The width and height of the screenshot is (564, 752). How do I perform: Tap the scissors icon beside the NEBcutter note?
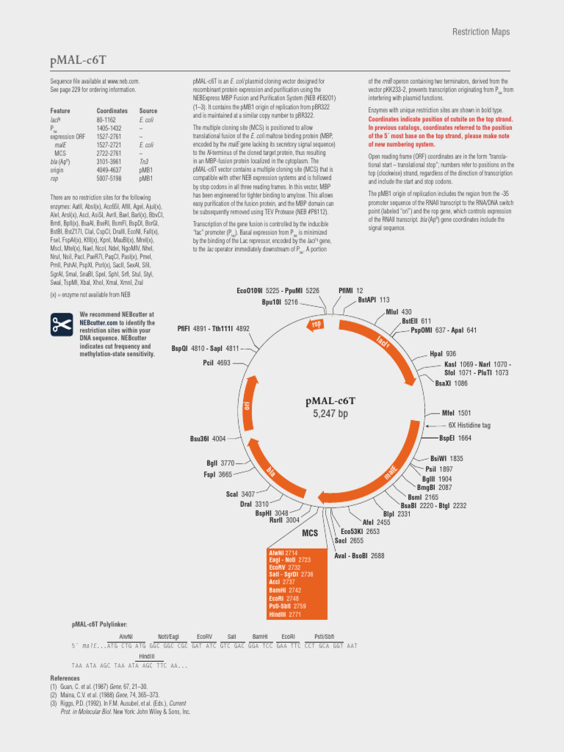(x=60, y=324)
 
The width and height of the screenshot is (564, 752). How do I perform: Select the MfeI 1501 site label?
(x=456, y=413)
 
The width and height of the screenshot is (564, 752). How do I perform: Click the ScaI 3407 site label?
(x=241, y=494)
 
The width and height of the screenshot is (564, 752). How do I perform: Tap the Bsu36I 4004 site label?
(x=208, y=438)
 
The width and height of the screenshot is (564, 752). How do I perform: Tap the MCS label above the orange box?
(x=310, y=533)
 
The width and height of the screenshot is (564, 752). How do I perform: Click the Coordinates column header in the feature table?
(x=112, y=111)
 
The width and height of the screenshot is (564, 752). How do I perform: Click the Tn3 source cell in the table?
(x=144, y=161)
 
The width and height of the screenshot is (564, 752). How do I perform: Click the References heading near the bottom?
(x=65, y=678)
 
